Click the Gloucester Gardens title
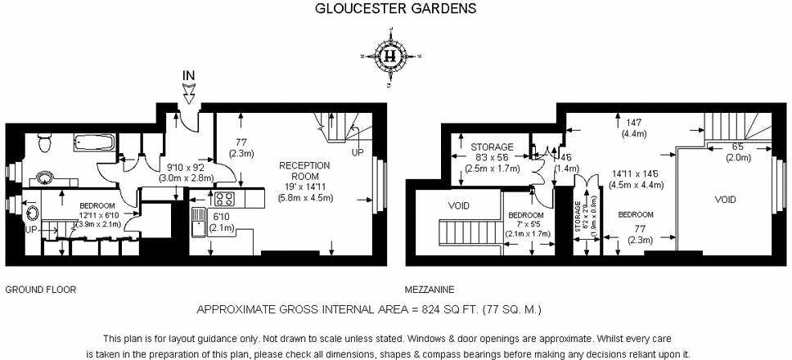396,10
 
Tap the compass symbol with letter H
390,56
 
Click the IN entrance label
189,76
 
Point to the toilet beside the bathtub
46,144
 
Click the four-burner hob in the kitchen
224,198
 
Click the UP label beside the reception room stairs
358,153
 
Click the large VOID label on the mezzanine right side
725,200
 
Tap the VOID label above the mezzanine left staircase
458,205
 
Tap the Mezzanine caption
430,290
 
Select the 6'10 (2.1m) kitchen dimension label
221,219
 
